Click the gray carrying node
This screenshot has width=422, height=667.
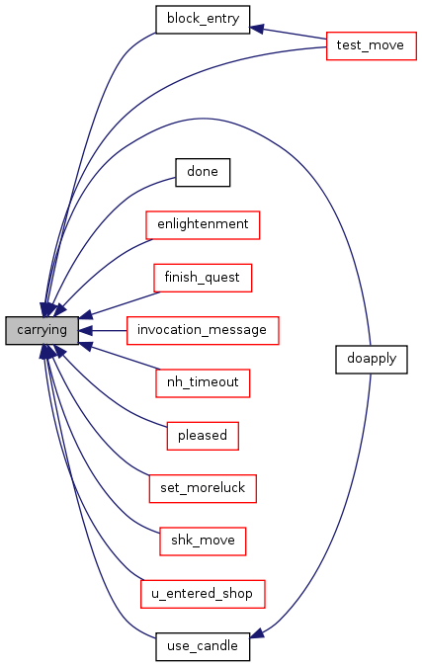[x=42, y=330]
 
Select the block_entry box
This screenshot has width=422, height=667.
[x=203, y=20]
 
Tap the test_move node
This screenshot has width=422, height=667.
[x=371, y=45]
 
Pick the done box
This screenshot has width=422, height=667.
[x=203, y=172]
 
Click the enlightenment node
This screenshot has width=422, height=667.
[x=203, y=225]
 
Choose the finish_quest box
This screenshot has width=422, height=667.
[x=203, y=278]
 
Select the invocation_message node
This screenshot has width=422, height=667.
[x=203, y=330]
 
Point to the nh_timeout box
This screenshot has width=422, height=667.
[x=203, y=383]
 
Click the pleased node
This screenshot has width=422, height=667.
[x=203, y=436]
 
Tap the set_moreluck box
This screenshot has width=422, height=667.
[x=203, y=489]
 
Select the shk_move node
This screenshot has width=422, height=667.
[x=203, y=542]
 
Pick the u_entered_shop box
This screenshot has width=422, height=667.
[x=203, y=594]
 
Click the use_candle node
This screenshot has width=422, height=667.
[x=203, y=647]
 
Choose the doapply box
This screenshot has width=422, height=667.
[x=372, y=360]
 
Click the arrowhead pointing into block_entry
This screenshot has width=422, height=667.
[x=257, y=29]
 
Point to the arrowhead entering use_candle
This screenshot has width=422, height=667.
[x=257, y=632]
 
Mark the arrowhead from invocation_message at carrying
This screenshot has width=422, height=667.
[x=86, y=330]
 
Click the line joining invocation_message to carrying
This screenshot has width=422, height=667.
[x=110, y=330]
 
